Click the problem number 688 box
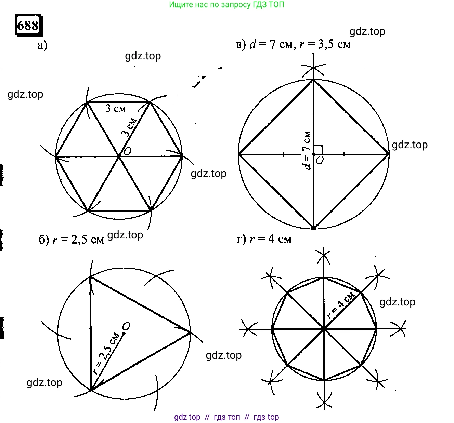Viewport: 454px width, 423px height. (x=29, y=25)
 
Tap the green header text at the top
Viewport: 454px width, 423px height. (x=226, y=4)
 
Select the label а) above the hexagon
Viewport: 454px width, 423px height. (x=42, y=45)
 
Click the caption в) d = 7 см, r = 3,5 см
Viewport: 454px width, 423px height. (x=293, y=44)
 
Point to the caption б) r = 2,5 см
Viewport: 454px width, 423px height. (x=71, y=240)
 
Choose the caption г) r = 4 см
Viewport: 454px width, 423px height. (x=264, y=239)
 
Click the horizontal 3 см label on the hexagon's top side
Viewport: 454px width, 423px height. (x=116, y=109)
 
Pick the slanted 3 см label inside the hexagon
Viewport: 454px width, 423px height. (x=129, y=127)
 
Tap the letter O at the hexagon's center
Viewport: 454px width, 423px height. (x=128, y=151)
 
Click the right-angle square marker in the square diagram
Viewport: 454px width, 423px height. (x=318, y=150)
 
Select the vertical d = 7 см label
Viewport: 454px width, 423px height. (x=307, y=151)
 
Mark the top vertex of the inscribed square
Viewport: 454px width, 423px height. (x=313, y=80)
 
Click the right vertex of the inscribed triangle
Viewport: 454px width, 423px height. (x=190, y=332)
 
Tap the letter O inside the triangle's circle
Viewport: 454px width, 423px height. (x=126, y=326)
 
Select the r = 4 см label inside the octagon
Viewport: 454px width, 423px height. (x=341, y=305)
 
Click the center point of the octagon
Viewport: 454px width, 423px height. (x=324, y=329)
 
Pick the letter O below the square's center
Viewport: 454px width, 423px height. (x=320, y=161)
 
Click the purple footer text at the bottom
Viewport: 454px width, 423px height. (x=226, y=417)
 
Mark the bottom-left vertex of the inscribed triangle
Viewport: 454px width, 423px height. (x=91, y=389)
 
